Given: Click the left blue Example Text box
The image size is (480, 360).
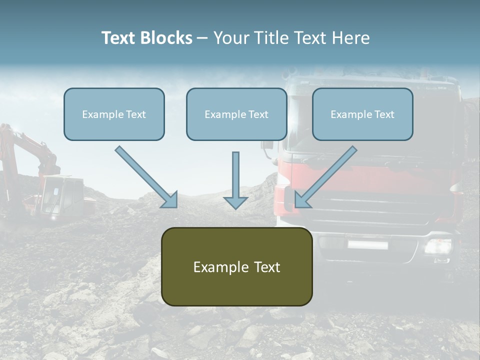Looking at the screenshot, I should pyautogui.click(x=114, y=114).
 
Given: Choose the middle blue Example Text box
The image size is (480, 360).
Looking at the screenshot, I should pyautogui.click(x=236, y=114).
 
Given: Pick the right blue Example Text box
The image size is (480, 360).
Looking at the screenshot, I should pyautogui.click(x=362, y=114).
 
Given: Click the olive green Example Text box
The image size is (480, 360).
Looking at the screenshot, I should pyautogui.click(x=236, y=267).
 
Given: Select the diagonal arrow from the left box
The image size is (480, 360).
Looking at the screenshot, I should pyautogui.click(x=146, y=177).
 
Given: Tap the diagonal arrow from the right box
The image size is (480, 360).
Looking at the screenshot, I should pyautogui.click(x=325, y=177).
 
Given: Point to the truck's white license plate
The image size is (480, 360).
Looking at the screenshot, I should pyautogui.click(x=367, y=244).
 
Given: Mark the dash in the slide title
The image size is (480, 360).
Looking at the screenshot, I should pyautogui.click(x=202, y=38).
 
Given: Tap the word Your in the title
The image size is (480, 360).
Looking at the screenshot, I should pyautogui.click(x=228, y=38).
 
